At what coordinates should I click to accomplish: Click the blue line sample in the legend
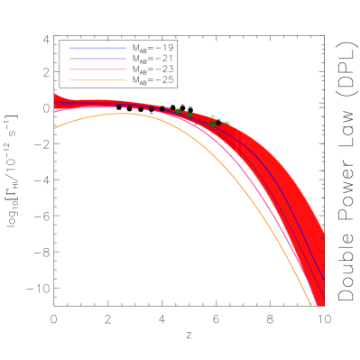[98, 48]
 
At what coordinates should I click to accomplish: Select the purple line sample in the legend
[98, 59]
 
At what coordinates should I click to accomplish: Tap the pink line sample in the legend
[98, 69]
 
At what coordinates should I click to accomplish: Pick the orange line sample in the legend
[98, 80]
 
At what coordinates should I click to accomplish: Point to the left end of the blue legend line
[70, 48]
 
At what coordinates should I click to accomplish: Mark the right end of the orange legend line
[126, 80]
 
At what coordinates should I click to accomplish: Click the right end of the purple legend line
[126, 59]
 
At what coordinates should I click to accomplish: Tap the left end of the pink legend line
[70, 69]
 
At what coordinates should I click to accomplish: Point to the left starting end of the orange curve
[55, 128]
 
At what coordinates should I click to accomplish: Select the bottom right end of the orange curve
[311, 305]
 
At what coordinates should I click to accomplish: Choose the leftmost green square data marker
[178, 111]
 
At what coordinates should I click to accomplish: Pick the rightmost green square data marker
[228, 124]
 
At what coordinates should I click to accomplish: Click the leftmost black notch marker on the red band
[119, 106]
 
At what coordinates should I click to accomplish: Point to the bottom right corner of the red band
[323, 304]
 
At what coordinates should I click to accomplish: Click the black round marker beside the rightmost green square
[220, 122]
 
